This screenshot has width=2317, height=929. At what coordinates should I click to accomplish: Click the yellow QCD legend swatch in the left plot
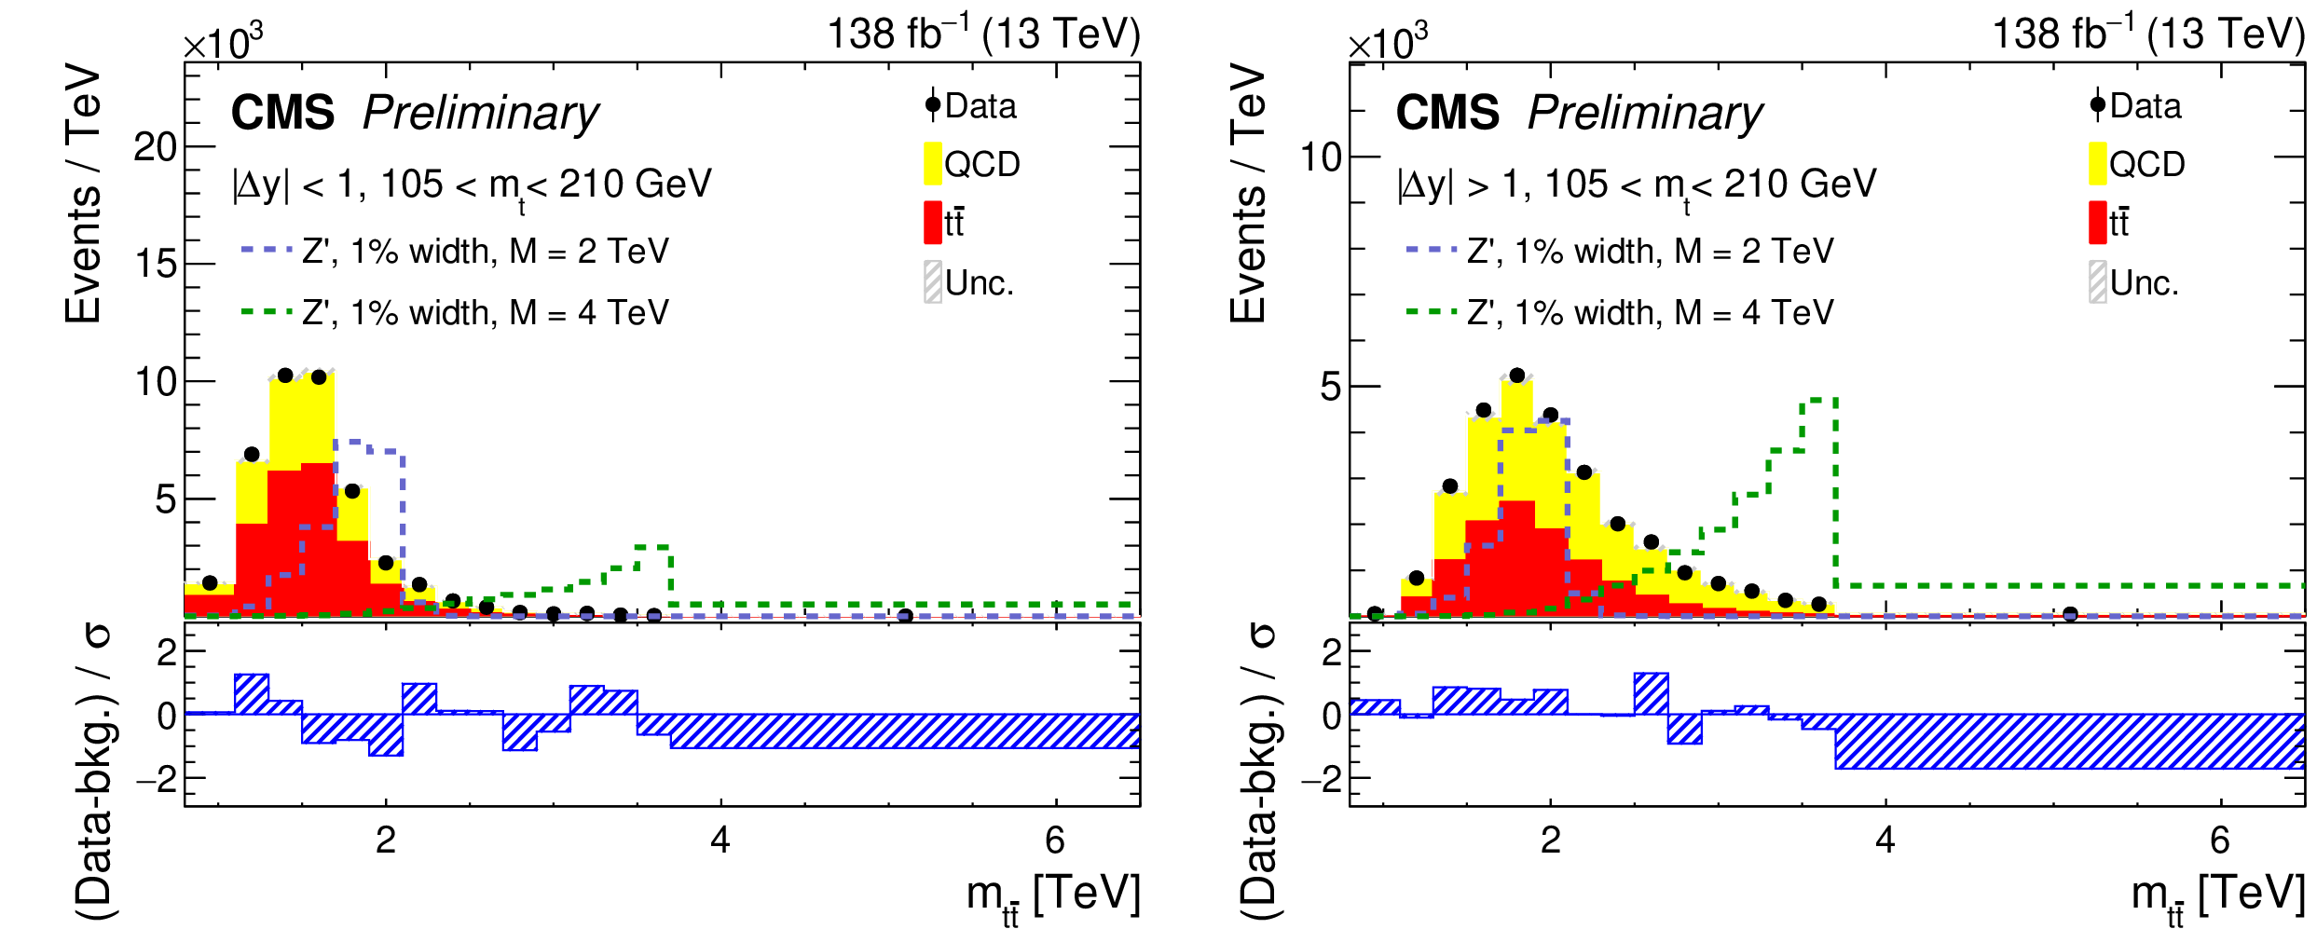pos(932,164)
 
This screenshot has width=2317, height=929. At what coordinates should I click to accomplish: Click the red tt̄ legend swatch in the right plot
pos(2097,223)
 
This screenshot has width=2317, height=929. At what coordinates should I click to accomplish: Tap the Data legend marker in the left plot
pos(933,105)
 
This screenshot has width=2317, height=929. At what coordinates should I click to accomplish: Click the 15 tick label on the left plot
pos(155,265)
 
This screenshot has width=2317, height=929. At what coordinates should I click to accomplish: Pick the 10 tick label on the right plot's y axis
pos(1321,157)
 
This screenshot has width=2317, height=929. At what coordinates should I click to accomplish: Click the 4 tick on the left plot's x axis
pos(720,840)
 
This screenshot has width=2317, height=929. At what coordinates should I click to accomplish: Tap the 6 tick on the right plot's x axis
pos(2220,840)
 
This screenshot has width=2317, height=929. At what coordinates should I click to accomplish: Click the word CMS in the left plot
pos(282,113)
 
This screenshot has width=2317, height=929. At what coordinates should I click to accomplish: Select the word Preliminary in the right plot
pos(1645,113)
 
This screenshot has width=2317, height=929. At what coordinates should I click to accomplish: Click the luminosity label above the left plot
pos(983,34)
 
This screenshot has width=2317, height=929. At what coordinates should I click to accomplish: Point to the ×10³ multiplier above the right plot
pos(1388,42)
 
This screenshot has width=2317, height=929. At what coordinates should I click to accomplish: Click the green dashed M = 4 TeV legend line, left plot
pos(267,311)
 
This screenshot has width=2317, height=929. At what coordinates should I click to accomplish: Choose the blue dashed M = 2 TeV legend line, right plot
pos(1432,250)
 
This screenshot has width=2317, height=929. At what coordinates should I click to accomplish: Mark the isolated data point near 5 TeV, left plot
pos(904,616)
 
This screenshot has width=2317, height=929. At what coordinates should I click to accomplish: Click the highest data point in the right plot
pos(1516,376)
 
